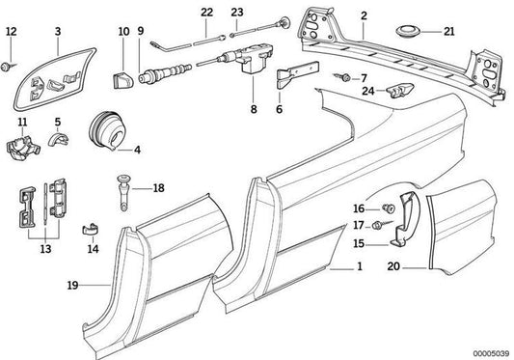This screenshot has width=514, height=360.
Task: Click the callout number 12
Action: (12, 31)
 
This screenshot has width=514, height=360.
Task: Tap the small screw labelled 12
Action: (7, 67)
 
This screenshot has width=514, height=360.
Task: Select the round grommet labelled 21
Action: (409, 32)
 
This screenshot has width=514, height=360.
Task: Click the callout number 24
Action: (367, 91)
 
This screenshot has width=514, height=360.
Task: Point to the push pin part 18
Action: (123, 194)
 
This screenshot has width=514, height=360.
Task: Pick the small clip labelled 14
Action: (91, 230)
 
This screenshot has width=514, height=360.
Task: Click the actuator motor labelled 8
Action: (253, 58)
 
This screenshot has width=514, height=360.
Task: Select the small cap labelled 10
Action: (122, 81)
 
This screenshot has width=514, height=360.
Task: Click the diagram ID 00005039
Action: (491, 353)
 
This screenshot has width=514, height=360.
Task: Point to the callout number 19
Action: (72, 285)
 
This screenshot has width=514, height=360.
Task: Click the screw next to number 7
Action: (343, 78)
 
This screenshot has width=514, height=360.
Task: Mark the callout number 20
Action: (393, 265)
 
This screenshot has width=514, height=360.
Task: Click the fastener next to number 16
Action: (389, 208)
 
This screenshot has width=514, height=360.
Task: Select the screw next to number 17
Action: (381, 225)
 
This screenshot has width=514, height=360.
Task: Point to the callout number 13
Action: (45, 249)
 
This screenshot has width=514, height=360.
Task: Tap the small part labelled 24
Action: (400, 91)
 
